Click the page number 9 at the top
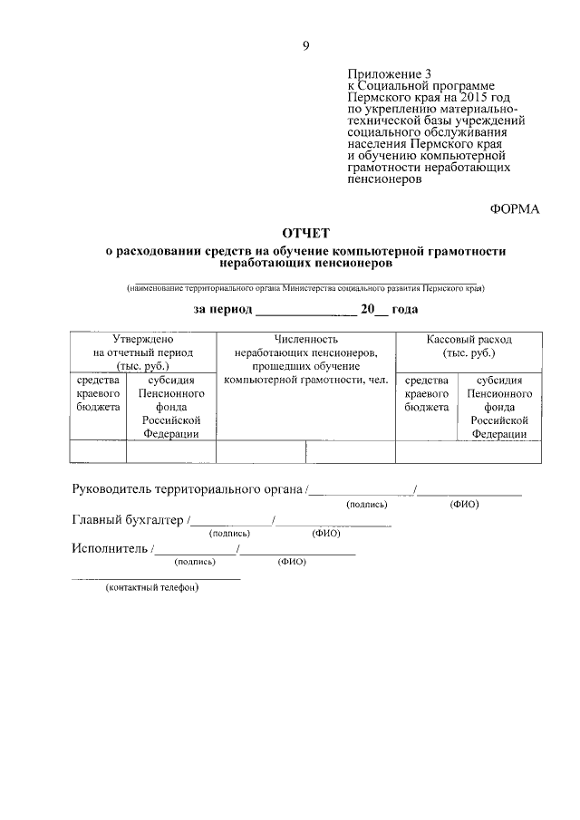(305, 46)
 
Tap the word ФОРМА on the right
(515, 209)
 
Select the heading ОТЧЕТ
(305, 234)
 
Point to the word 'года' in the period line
(404, 310)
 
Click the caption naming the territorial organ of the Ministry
(305, 288)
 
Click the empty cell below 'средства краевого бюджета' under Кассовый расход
(427, 452)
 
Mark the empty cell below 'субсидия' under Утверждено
(170, 452)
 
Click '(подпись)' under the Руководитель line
(366, 505)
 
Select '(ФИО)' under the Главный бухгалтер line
(325, 534)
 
